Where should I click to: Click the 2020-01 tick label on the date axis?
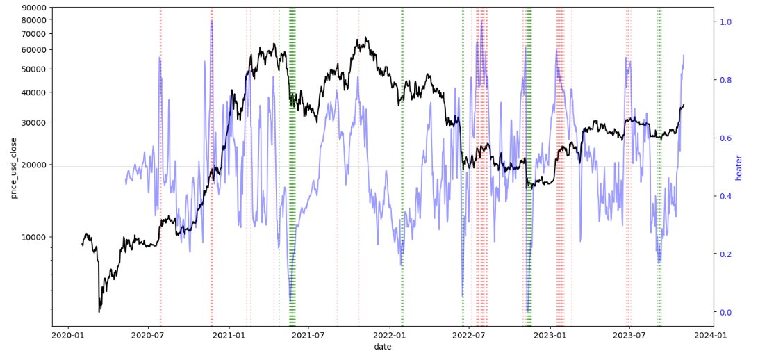pyautogui.click(x=67, y=334)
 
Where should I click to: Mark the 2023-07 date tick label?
pyautogui.click(x=629, y=334)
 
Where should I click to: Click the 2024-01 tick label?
pyautogui.click(x=711, y=334)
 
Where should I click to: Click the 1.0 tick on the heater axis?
pyautogui.click(x=726, y=22)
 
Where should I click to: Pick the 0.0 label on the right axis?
pyautogui.click(x=726, y=312)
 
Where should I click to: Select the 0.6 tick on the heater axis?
pyautogui.click(x=726, y=138)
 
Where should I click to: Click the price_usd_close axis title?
pyautogui.click(x=14, y=167)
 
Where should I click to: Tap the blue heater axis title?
pyautogui.click(x=739, y=167)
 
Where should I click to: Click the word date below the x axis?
pyautogui.click(x=382, y=346)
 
